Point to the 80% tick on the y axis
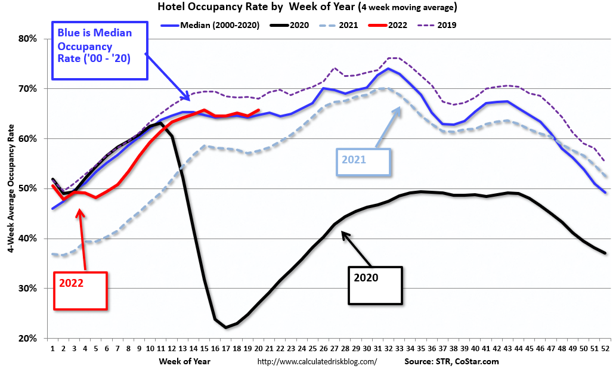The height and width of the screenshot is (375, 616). point(29,39)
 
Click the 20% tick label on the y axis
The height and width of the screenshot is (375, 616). point(29,338)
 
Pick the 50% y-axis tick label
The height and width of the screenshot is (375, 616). point(29,188)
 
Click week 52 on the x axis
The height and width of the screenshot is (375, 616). point(605,348)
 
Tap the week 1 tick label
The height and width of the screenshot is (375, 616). point(53,348)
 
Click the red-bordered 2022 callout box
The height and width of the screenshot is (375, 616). point(81,291)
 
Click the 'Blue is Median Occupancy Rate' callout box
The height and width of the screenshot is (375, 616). point(99,52)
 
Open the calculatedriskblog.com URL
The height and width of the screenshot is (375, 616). point(317,362)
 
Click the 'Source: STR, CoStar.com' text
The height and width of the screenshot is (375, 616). point(451,361)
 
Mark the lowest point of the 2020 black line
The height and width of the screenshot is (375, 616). point(226,327)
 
